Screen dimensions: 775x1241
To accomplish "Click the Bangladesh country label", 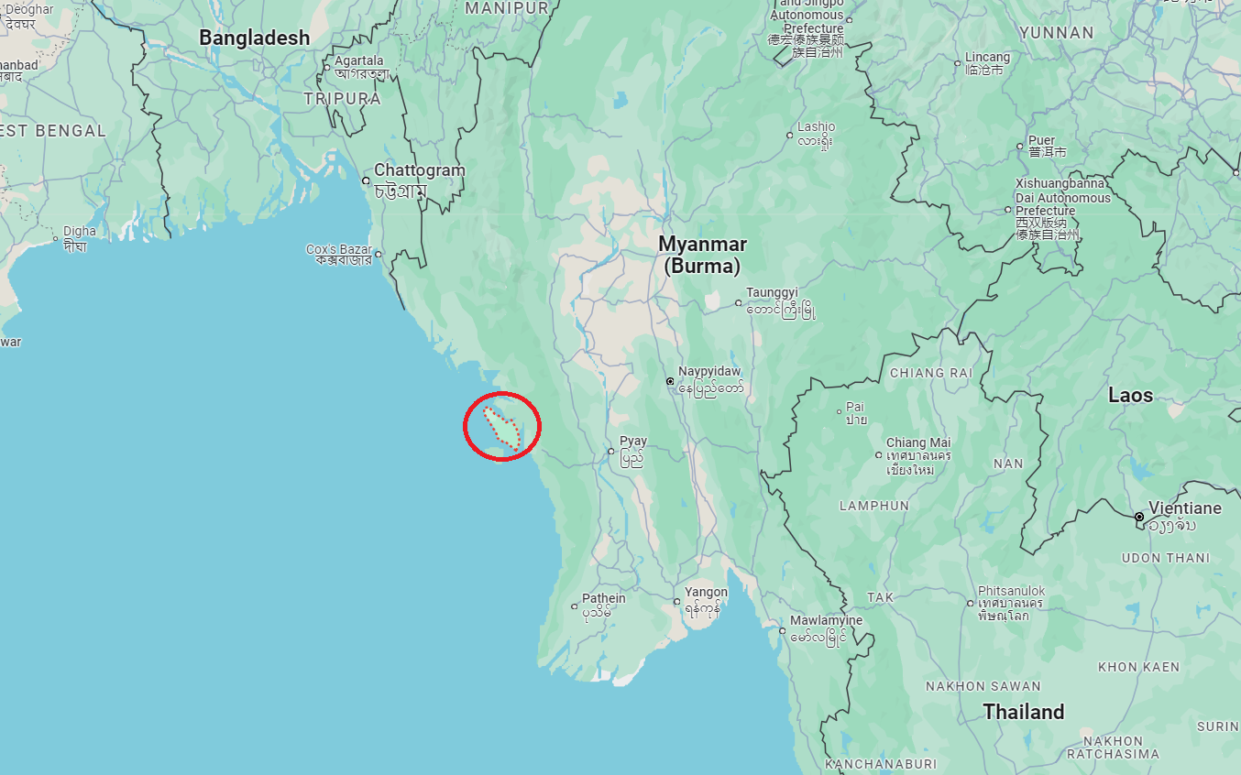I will (254, 38).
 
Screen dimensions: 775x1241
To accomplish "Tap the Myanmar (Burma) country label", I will (702, 255).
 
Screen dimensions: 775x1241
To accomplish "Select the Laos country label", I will (1130, 396).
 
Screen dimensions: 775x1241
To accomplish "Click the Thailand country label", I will (1024, 712).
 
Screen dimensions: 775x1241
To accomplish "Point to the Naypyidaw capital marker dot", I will (671, 381).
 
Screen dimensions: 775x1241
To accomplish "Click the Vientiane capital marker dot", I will (1139, 517).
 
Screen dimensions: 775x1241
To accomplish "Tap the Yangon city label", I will (706, 593).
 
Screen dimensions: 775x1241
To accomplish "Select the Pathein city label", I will (604, 598).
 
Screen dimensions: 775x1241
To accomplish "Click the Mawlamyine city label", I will (826, 620).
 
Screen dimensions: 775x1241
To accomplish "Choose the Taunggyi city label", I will (772, 293).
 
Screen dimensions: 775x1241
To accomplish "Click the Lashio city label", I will (816, 126).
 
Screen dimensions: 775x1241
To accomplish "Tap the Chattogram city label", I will (419, 170).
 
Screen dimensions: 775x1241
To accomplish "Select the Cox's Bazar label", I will (339, 249).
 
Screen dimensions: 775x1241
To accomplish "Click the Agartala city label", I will (359, 60).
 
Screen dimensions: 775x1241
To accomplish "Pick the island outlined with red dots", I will (502, 428).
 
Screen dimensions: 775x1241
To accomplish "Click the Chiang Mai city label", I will (918, 442).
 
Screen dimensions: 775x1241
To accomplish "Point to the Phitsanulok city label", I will (1011, 591).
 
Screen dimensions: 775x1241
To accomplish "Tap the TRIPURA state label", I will (342, 98).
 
